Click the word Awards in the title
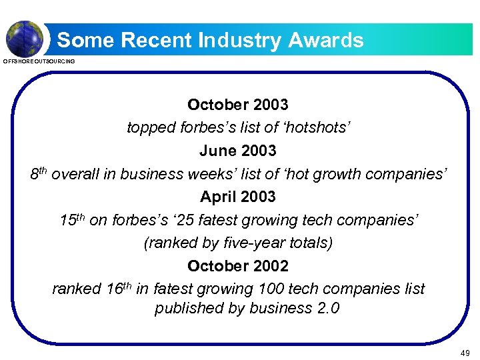326,41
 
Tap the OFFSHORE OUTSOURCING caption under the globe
39,61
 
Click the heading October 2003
238,105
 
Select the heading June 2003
238,151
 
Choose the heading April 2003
238,197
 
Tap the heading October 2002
238,266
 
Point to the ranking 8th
38,173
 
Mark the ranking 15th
71,219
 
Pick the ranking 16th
119,289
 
